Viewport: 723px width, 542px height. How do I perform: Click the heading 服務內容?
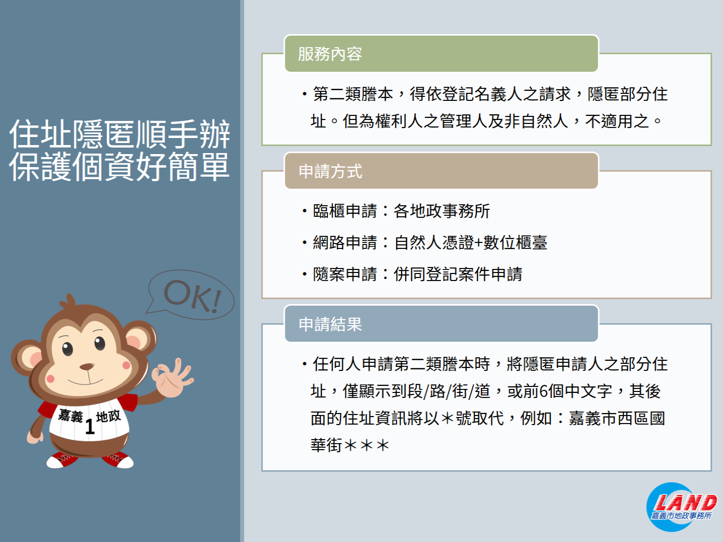click(x=330, y=54)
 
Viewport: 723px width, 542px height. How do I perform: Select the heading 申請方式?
click(x=330, y=172)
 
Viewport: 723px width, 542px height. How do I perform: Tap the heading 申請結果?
click(x=330, y=324)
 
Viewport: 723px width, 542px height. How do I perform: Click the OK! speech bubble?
click(x=191, y=295)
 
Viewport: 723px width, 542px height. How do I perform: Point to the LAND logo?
click(x=681, y=507)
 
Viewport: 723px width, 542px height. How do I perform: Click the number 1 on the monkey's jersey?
click(x=90, y=427)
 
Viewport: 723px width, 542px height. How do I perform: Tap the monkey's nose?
click(x=87, y=366)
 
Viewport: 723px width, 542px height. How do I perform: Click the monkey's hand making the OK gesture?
click(x=172, y=377)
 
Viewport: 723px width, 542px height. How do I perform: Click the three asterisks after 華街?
click(x=367, y=446)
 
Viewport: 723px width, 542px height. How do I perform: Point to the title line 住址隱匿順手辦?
click(x=119, y=134)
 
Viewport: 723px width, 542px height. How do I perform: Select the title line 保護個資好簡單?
click(x=119, y=167)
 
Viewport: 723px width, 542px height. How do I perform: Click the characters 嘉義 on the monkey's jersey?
click(x=70, y=416)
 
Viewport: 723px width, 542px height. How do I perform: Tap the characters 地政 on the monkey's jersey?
click(x=108, y=416)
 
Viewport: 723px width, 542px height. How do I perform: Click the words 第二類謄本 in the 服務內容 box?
click(x=353, y=94)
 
